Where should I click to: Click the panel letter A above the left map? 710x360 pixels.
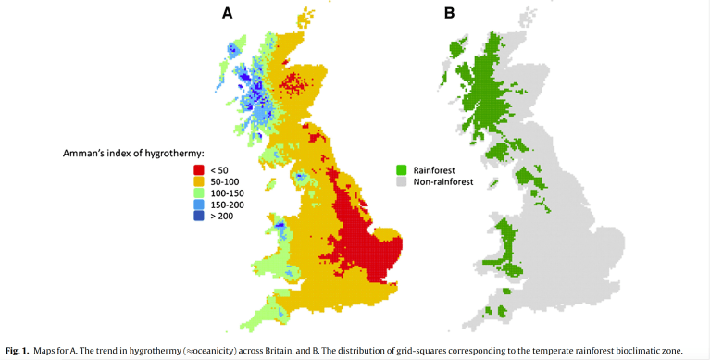tap(227, 13)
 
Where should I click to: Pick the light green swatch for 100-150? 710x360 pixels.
tap(198, 192)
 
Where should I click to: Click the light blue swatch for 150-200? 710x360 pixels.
tap(198, 204)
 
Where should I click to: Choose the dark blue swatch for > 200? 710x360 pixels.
tap(198, 216)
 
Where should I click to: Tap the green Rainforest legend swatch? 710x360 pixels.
tap(402, 169)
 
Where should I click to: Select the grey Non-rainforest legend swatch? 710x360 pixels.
tap(402, 182)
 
